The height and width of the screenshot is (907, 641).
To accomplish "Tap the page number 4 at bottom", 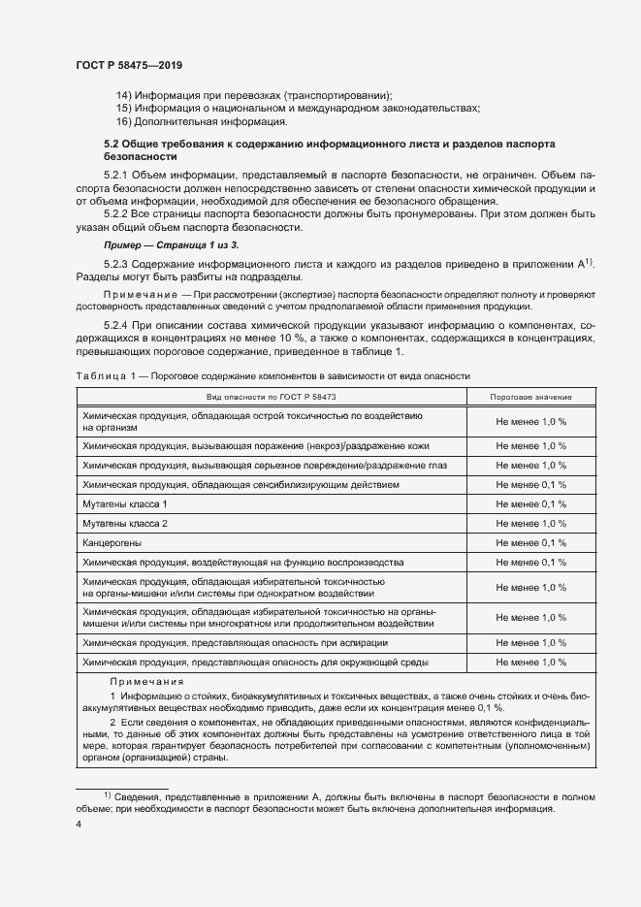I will (x=79, y=824).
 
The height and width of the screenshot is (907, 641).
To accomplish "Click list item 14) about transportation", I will (x=253, y=95).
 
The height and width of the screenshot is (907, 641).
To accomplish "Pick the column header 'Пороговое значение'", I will (x=530, y=398).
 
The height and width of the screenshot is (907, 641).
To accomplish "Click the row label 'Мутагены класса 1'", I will (x=125, y=504).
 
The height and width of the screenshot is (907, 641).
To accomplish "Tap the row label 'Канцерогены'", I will (x=112, y=543).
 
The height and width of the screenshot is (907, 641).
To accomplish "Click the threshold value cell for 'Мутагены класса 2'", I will (x=530, y=524).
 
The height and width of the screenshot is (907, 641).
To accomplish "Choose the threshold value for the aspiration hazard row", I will (x=530, y=642).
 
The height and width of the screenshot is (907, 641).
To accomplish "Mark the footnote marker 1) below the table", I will (x=109, y=794).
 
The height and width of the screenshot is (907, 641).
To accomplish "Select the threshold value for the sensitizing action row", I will (x=530, y=484).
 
